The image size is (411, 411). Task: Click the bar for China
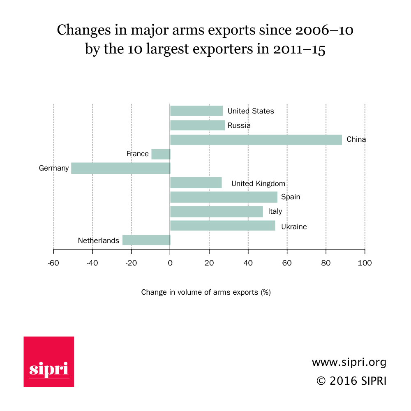(x=256, y=140)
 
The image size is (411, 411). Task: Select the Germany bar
(x=120, y=168)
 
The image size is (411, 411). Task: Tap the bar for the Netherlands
(x=146, y=240)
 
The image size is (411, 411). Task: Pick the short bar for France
(x=161, y=154)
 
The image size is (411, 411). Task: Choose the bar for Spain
(x=224, y=197)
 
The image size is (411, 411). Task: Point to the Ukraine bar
(x=222, y=226)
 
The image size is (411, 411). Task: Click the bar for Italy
(x=216, y=211)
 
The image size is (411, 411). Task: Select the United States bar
(x=196, y=111)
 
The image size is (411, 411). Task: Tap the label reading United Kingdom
(x=258, y=183)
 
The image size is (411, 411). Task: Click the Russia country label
(x=239, y=125)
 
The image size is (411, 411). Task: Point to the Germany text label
(x=54, y=168)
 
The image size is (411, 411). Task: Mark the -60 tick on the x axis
(x=53, y=263)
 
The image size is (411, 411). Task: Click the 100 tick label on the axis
(x=365, y=263)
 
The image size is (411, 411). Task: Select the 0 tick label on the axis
(x=170, y=263)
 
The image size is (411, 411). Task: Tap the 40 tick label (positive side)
(x=248, y=263)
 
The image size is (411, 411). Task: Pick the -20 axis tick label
(x=131, y=263)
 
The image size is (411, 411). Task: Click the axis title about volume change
(x=206, y=292)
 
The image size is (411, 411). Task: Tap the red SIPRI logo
(x=49, y=362)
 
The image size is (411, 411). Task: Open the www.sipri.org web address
(x=349, y=363)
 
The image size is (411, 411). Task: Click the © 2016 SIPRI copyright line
(x=351, y=381)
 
